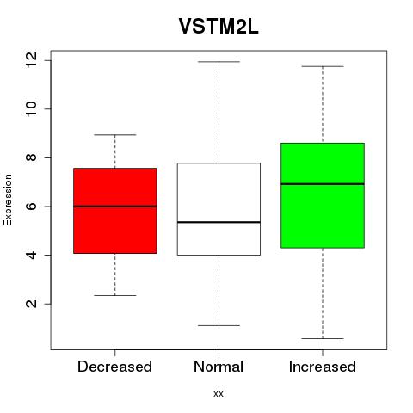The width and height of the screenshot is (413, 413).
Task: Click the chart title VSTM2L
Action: (x=219, y=27)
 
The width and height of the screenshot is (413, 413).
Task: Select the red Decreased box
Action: (x=115, y=211)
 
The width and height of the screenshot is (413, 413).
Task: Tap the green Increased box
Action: (x=323, y=195)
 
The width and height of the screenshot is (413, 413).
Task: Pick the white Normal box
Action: (x=219, y=209)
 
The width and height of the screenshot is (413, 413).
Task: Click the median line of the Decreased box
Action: (x=115, y=206)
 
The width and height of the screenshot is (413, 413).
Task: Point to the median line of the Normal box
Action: (x=219, y=222)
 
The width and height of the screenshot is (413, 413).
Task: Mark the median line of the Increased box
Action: (x=323, y=184)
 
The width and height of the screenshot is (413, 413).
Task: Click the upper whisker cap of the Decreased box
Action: (x=115, y=134)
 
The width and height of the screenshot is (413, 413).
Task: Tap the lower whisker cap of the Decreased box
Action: (x=115, y=295)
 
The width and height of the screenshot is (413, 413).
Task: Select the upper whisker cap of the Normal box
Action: (x=219, y=62)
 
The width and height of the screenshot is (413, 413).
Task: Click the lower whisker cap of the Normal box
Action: (x=219, y=325)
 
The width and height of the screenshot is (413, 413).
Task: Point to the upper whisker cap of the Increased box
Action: (x=323, y=66)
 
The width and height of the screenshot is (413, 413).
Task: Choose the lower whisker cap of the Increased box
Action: (x=323, y=338)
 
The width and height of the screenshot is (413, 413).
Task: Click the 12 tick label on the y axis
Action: (x=32, y=60)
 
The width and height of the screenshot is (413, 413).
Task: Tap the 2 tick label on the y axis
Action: (x=32, y=304)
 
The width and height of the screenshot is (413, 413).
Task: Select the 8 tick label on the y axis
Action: (x=32, y=157)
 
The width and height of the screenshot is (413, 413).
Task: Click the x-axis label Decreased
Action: (x=114, y=367)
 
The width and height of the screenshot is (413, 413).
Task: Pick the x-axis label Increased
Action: (x=323, y=367)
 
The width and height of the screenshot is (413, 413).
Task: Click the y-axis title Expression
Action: (x=8, y=200)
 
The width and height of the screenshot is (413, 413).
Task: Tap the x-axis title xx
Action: (x=219, y=394)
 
